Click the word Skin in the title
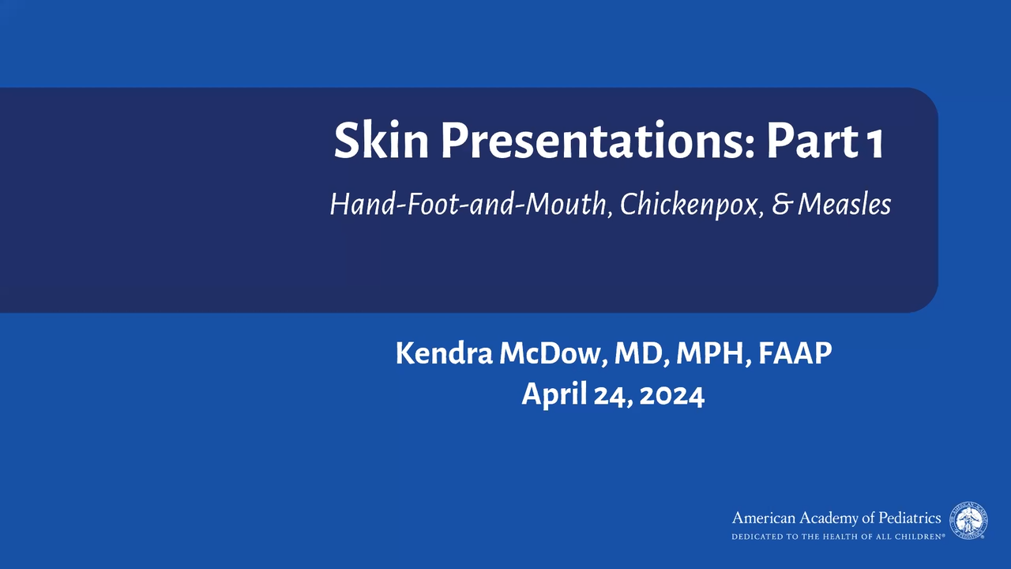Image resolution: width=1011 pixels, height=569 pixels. pyautogui.click(x=381, y=140)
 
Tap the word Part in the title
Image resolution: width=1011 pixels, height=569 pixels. pyautogui.click(x=812, y=141)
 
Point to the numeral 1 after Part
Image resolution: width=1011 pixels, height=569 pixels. pyautogui.click(x=874, y=143)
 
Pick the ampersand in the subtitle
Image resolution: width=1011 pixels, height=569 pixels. pyautogui.click(x=782, y=205)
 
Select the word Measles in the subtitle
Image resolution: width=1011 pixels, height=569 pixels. pyautogui.click(x=844, y=205)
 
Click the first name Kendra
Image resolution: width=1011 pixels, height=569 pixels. pyautogui.click(x=444, y=353)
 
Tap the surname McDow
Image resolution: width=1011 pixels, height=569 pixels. pyautogui.click(x=552, y=353)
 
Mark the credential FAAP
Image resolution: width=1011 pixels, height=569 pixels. pyautogui.click(x=795, y=353)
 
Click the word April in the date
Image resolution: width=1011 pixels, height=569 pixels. pyautogui.click(x=554, y=394)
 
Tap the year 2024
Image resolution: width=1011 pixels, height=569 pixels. pyautogui.click(x=672, y=396)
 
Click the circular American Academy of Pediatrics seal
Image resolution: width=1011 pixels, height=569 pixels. pyautogui.click(x=968, y=521)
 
